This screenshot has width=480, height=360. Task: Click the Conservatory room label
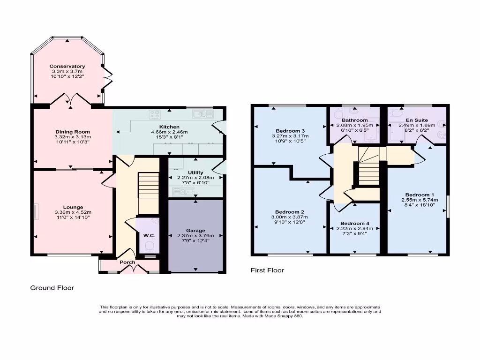(67, 67)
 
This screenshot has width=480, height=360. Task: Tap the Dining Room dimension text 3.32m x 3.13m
(72, 137)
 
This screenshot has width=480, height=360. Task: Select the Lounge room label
(73, 207)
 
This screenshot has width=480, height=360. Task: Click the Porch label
(127, 262)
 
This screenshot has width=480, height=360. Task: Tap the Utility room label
(195, 172)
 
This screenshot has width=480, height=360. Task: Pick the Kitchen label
(169, 127)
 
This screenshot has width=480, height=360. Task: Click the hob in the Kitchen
(155, 113)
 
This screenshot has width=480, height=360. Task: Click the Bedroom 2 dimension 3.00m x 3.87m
(290, 217)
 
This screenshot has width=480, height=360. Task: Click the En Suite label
(416, 120)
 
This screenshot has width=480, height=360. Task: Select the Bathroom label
(354, 120)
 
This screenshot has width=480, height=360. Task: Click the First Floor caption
(267, 270)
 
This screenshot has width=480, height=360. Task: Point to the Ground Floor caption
(52, 288)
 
